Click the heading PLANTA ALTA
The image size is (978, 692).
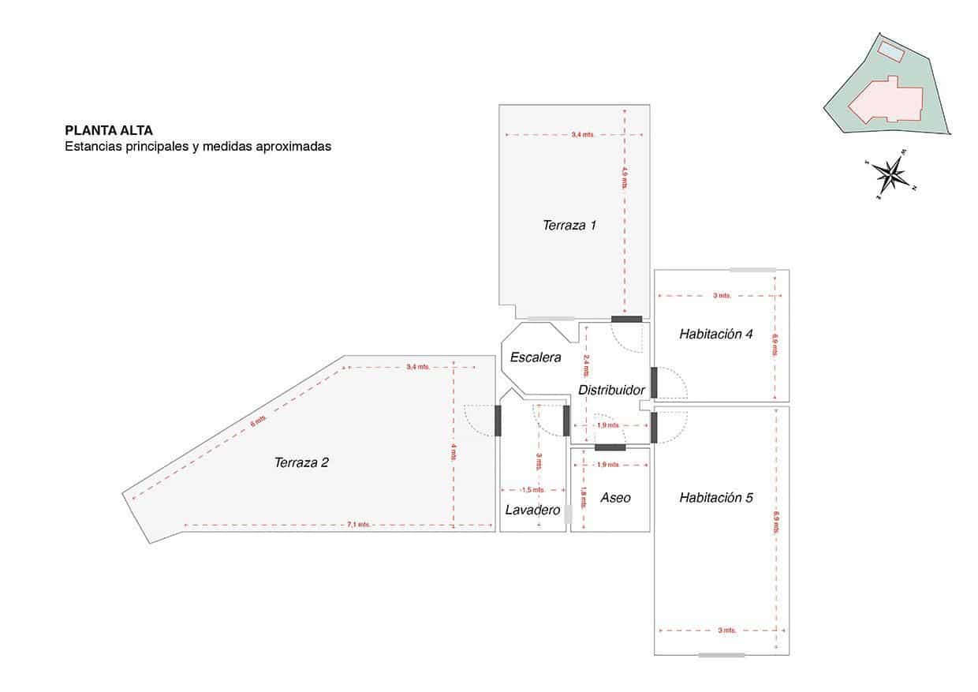pos(109,131)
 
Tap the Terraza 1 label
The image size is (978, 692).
pos(569,226)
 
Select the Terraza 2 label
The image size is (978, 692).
pos(301,463)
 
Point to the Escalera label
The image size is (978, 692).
pos(536,357)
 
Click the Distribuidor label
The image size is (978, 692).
pos(611,391)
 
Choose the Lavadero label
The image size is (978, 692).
pos(532,511)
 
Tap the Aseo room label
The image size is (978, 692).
pos(615,498)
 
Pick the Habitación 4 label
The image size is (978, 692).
pos(715,335)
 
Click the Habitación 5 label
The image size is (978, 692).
pos(715,498)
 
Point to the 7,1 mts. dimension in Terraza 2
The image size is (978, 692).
pos(358,525)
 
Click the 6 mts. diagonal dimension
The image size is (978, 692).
pos(253,424)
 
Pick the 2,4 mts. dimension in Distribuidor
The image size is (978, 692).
pos(586,365)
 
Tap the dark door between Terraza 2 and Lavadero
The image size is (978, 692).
pos(498,421)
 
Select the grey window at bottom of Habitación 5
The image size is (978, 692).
pos(721,655)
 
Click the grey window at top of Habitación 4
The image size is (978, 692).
pos(752,270)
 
